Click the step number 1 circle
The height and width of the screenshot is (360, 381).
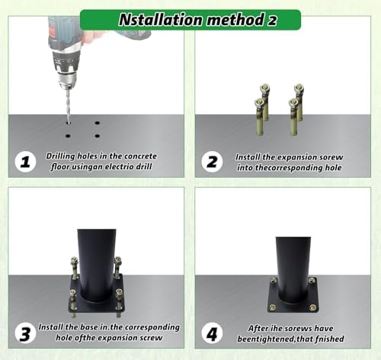(x=25, y=162)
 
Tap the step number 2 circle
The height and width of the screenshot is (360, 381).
(x=212, y=162)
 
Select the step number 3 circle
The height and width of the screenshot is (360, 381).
(x=25, y=333)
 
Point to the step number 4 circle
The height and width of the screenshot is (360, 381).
(x=212, y=333)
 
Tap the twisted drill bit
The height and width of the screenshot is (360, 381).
(x=68, y=105)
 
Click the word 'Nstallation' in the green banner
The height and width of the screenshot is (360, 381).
(x=161, y=20)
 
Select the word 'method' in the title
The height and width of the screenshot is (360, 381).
(x=235, y=20)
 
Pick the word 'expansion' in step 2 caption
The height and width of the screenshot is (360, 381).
(x=295, y=157)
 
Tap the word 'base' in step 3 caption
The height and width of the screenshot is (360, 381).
(x=89, y=327)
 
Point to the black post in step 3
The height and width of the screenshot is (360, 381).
(x=97, y=265)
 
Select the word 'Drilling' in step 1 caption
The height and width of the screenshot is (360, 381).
(x=60, y=156)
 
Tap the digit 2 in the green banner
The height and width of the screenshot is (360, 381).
(x=272, y=21)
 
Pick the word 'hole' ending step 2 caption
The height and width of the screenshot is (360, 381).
(x=333, y=168)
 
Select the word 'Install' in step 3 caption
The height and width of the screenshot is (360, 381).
(x=50, y=327)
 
